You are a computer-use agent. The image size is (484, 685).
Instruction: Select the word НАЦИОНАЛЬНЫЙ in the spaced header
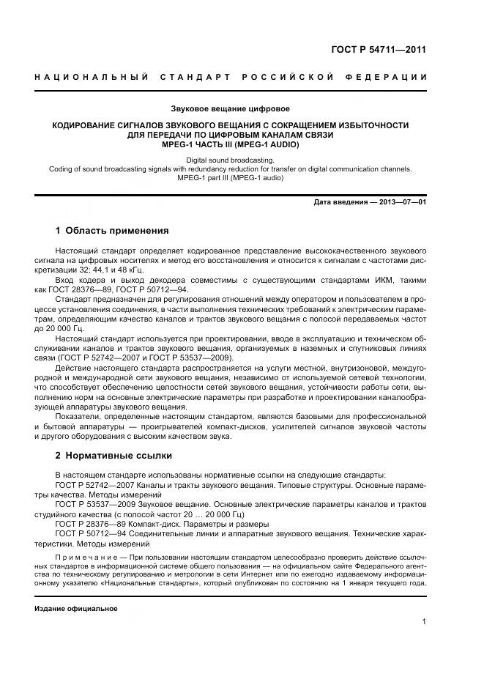[x=92, y=77]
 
